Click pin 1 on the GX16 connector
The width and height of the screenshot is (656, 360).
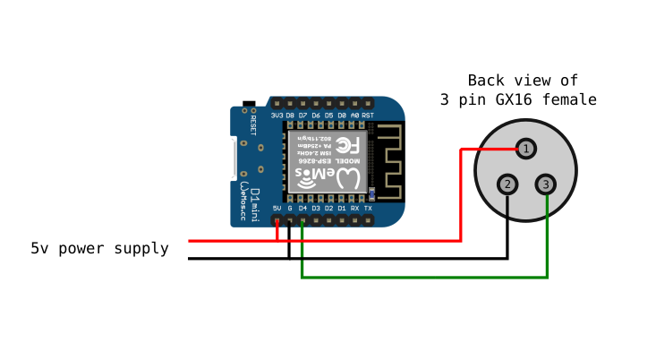527,148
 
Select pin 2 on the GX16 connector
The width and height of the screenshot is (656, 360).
507,184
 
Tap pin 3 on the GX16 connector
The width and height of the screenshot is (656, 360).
546,184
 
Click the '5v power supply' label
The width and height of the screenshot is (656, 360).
99,249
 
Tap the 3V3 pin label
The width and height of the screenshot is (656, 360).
277,116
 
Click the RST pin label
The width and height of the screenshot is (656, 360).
368,116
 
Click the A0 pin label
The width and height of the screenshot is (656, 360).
354,116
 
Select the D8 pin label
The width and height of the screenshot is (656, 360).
290,116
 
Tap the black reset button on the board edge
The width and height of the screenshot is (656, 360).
249,104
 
